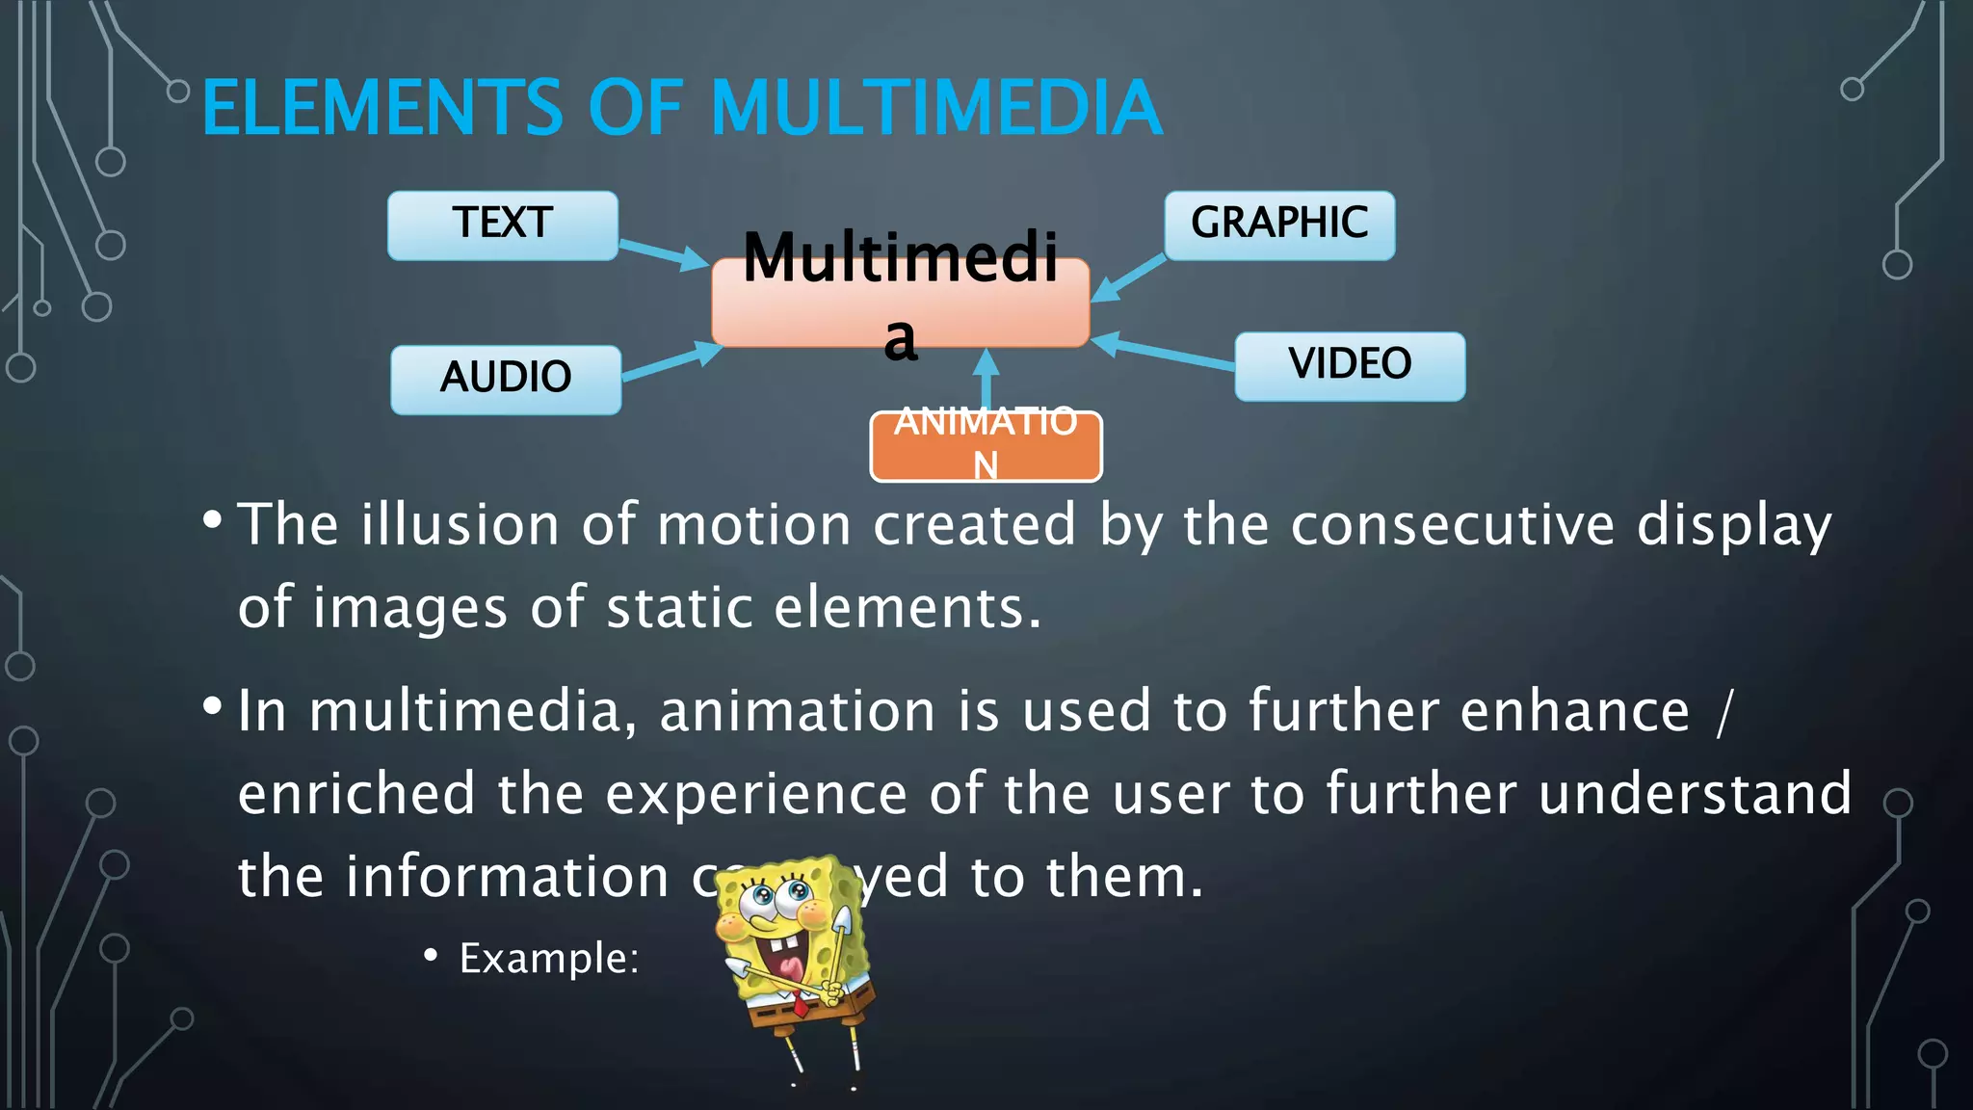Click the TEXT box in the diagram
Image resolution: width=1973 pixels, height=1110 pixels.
pos(502,225)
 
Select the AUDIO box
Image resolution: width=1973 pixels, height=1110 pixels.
pos(506,380)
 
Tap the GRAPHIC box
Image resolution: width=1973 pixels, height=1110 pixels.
pos(1279,225)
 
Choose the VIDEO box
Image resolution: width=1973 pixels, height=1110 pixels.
pos(1350,366)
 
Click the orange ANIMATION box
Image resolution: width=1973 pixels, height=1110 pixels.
pos(986,446)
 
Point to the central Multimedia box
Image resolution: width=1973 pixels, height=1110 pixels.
pos(900,302)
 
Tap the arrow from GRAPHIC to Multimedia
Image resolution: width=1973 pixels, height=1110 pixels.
pos(1129,278)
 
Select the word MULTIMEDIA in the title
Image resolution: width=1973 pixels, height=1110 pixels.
pos(936,108)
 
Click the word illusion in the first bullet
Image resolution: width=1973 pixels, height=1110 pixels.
pos(460,525)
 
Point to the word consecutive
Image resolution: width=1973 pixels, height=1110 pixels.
pos(1452,525)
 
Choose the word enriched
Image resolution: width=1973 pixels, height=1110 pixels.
pos(356,794)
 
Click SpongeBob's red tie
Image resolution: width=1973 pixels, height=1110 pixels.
pos(799,1005)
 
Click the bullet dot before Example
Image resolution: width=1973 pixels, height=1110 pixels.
pos(431,956)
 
